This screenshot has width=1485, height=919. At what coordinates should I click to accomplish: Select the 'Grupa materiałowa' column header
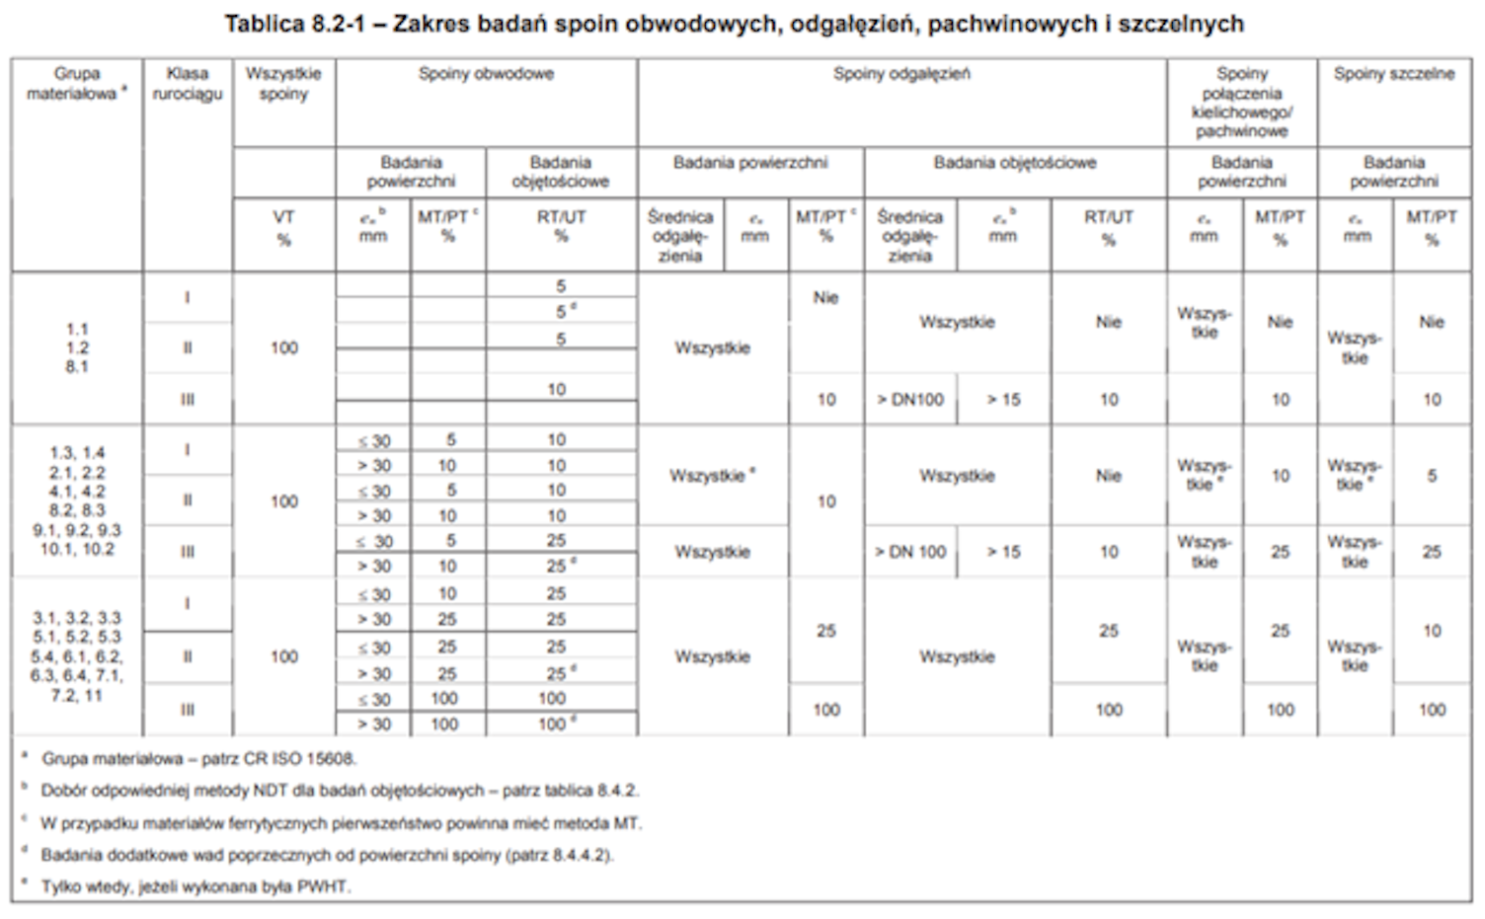(x=77, y=84)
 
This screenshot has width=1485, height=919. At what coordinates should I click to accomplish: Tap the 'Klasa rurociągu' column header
(x=188, y=84)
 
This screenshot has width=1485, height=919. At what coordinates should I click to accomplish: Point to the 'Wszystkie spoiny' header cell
(x=283, y=84)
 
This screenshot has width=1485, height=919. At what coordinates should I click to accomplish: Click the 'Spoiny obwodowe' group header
(x=486, y=74)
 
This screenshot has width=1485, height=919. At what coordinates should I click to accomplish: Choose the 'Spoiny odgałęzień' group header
(x=901, y=74)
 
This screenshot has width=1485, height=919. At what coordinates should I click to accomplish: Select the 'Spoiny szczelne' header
(x=1393, y=74)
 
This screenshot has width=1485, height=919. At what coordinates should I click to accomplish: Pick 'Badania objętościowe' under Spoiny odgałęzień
(x=1015, y=163)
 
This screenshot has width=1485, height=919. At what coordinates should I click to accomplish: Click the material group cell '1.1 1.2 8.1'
(x=77, y=347)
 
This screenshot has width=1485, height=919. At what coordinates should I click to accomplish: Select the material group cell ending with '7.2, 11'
(x=77, y=656)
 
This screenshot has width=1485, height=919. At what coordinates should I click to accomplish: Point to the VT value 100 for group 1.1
(x=283, y=347)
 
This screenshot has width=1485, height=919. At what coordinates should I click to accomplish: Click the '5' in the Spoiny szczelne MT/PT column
(x=1432, y=476)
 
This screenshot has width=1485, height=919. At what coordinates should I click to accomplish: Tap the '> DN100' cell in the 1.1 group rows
(x=910, y=400)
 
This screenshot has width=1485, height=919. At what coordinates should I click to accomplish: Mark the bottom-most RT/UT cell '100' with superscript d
(x=557, y=725)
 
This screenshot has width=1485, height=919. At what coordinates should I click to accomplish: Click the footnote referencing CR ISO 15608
(x=197, y=759)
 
